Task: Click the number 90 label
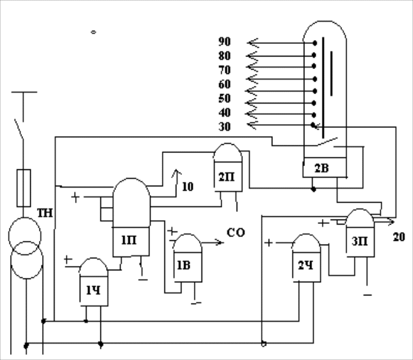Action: click(225, 41)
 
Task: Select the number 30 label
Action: click(225, 126)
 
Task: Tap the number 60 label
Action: click(225, 84)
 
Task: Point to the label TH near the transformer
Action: click(45, 212)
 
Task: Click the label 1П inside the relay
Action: click(128, 240)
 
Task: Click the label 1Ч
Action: click(94, 290)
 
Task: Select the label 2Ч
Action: click(306, 265)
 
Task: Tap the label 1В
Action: click(183, 265)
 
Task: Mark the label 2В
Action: click(321, 167)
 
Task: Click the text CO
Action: click(236, 233)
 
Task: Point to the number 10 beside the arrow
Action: click(188, 186)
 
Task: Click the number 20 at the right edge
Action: click(399, 236)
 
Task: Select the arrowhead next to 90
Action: click(252, 43)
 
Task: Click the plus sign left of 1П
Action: click(76, 198)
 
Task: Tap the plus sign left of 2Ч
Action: click(269, 242)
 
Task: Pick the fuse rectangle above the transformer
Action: click(24, 188)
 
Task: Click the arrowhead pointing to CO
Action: click(220, 242)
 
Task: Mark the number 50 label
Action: click(225, 98)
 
